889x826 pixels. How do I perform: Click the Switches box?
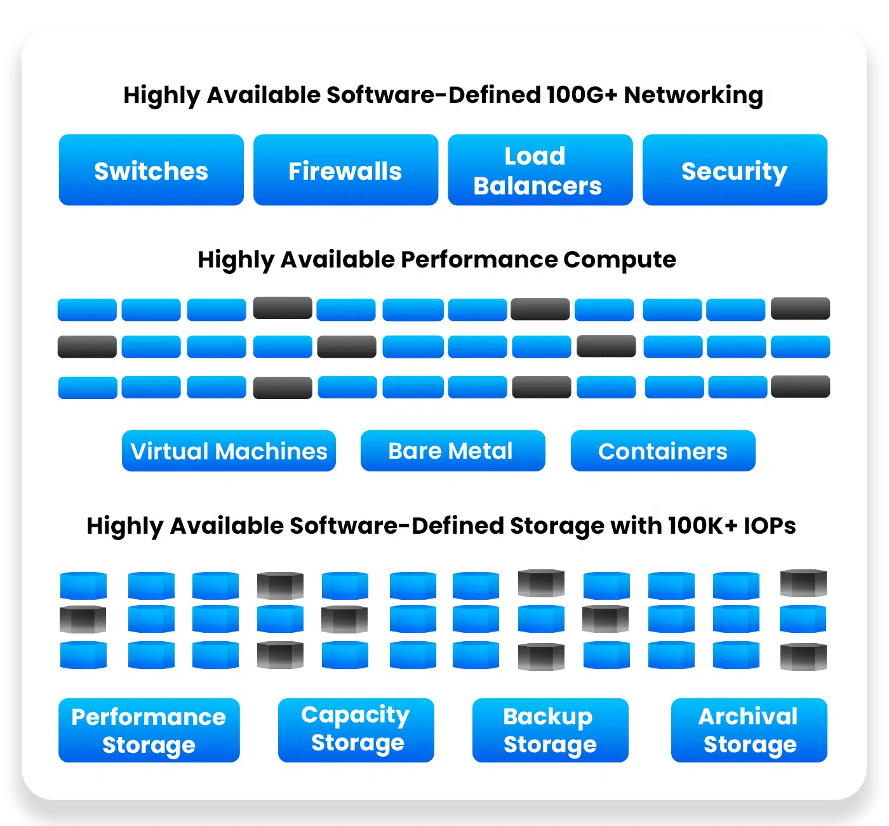click(x=151, y=170)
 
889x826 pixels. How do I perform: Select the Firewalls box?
click(x=345, y=170)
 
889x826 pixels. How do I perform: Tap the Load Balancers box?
click(x=540, y=170)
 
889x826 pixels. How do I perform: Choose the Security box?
click(x=735, y=170)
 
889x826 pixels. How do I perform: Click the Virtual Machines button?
click(x=229, y=451)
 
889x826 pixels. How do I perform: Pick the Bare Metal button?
click(x=452, y=451)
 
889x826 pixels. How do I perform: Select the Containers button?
click(x=663, y=451)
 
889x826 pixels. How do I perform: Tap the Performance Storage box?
click(x=149, y=730)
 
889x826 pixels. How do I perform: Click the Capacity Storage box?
click(x=356, y=730)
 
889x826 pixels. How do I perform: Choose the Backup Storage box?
click(x=550, y=730)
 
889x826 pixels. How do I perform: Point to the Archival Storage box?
click(x=749, y=730)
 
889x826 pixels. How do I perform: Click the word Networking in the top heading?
click(x=693, y=95)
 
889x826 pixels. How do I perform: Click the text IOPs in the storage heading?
click(x=769, y=525)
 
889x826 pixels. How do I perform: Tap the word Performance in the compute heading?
click(x=479, y=260)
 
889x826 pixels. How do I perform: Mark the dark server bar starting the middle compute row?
click(x=87, y=347)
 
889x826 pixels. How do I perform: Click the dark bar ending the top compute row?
click(x=800, y=309)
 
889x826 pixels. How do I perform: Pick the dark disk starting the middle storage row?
click(x=83, y=619)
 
